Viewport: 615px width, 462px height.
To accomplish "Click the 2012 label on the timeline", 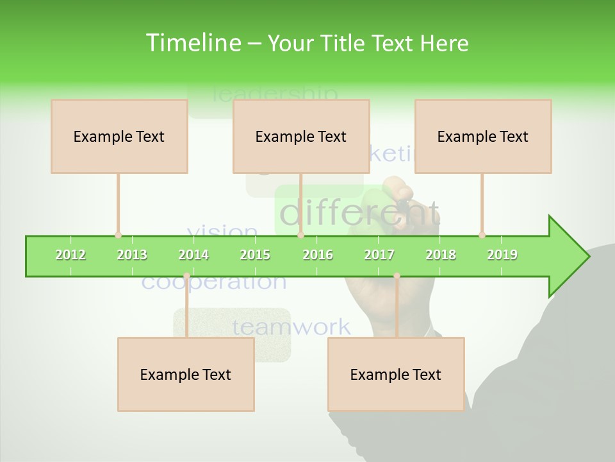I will point(70,255).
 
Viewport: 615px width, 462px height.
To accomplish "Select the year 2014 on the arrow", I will point(193,255).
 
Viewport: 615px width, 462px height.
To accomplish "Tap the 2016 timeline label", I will point(318,255).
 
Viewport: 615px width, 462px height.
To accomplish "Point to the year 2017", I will point(379,255).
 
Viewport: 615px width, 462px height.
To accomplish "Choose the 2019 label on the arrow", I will point(502,255).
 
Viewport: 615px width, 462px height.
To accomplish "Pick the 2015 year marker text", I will point(255,255).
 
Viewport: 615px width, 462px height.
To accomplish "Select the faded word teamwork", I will point(291,327).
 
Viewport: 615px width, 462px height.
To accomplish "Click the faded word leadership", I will point(274,95).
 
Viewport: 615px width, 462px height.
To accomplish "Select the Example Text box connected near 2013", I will point(119,136).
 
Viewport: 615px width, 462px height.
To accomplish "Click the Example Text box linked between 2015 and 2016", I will point(301,136).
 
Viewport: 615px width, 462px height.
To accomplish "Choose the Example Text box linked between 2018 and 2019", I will point(483,136).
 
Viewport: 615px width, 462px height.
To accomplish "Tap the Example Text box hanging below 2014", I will point(186,374).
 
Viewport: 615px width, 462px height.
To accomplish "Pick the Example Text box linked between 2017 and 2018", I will point(396,374).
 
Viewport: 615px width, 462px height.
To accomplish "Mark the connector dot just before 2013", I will point(118,235).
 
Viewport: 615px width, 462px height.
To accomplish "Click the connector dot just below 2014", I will point(186,276).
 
